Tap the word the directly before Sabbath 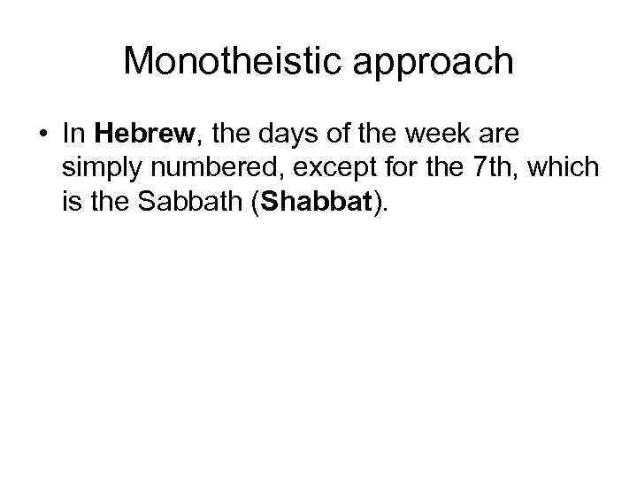coord(111,204)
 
